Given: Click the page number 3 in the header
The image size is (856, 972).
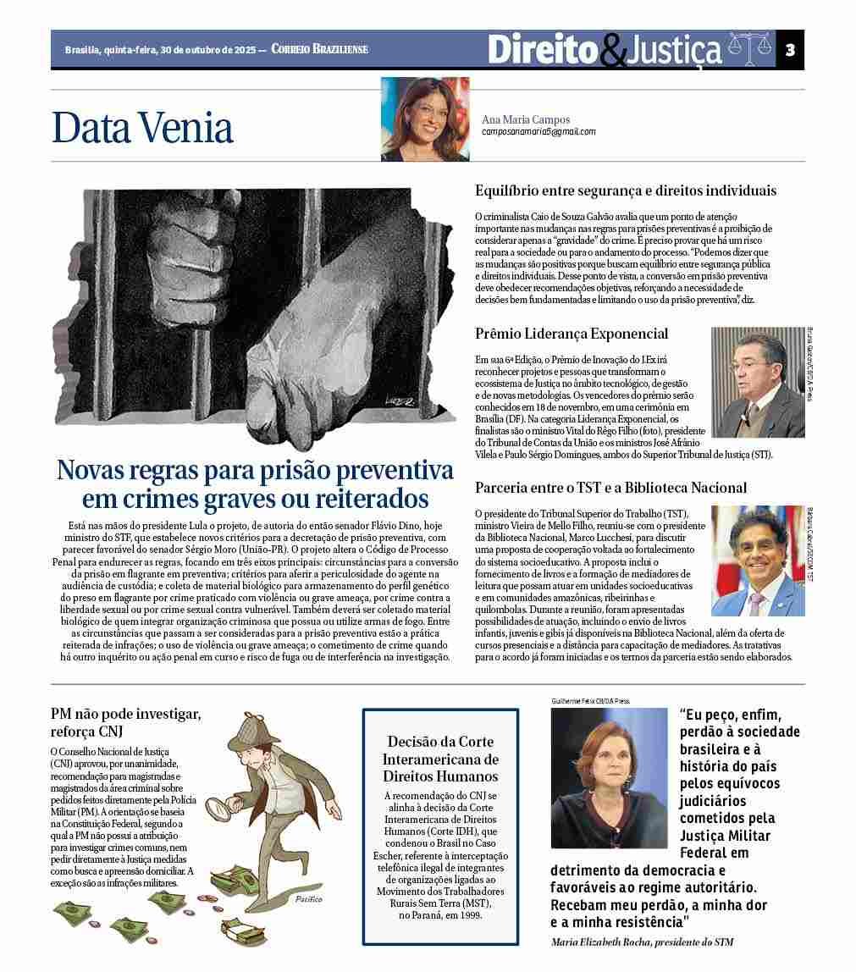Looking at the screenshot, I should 790,49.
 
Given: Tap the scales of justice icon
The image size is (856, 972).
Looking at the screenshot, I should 750,49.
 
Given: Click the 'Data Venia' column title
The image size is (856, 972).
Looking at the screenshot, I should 142,127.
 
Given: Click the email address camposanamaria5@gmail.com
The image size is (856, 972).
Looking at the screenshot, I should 538,132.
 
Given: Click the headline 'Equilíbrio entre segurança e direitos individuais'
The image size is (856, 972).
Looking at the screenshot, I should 626,191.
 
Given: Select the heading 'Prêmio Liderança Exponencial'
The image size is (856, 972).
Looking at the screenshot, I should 572,334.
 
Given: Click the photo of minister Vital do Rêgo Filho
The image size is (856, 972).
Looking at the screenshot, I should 758,383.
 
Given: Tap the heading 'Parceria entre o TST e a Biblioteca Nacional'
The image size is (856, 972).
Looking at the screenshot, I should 610,488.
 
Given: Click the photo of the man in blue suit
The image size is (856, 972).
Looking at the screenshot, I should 758,561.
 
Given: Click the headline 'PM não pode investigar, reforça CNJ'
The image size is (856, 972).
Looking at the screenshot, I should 126,722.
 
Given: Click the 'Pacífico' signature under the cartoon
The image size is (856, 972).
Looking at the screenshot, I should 309,899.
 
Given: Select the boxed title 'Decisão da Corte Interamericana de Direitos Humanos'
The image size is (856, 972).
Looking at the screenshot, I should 440,759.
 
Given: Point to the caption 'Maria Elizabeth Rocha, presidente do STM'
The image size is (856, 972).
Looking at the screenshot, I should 642,942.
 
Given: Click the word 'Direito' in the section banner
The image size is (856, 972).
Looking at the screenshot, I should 542,49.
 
